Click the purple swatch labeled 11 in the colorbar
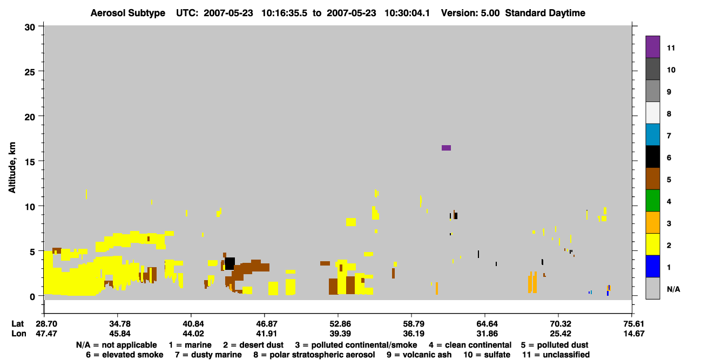pyautogui.click(x=652, y=46)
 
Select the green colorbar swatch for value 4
pyautogui.click(x=652, y=201)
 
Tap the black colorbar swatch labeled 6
pyautogui.click(x=652, y=157)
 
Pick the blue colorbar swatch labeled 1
pyautogui.click(x=652, y=266)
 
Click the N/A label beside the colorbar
pyautogui.click(x=673, y=289)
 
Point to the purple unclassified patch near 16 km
pyautogui.click(x=446, y=148)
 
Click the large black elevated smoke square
pyautogui.click(x=230, y=263)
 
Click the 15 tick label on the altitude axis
pyautogui.click(x=30, y=162)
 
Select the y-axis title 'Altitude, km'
pyautogui.click(x=12, y=167)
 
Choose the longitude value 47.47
pyautogui.click(x=46, y=334)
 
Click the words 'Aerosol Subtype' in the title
pyautogui.click(x=128, y=13)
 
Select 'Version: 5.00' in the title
pyautogui.click(x=470, y=13)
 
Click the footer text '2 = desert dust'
pyautogui.click(x=253, y=345)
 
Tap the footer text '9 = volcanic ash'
pyautogui.click(x=419, y=355)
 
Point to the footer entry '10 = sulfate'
pyautogui.click(x=487, y=355)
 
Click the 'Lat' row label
pyautogui.click(x=17, y=324)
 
